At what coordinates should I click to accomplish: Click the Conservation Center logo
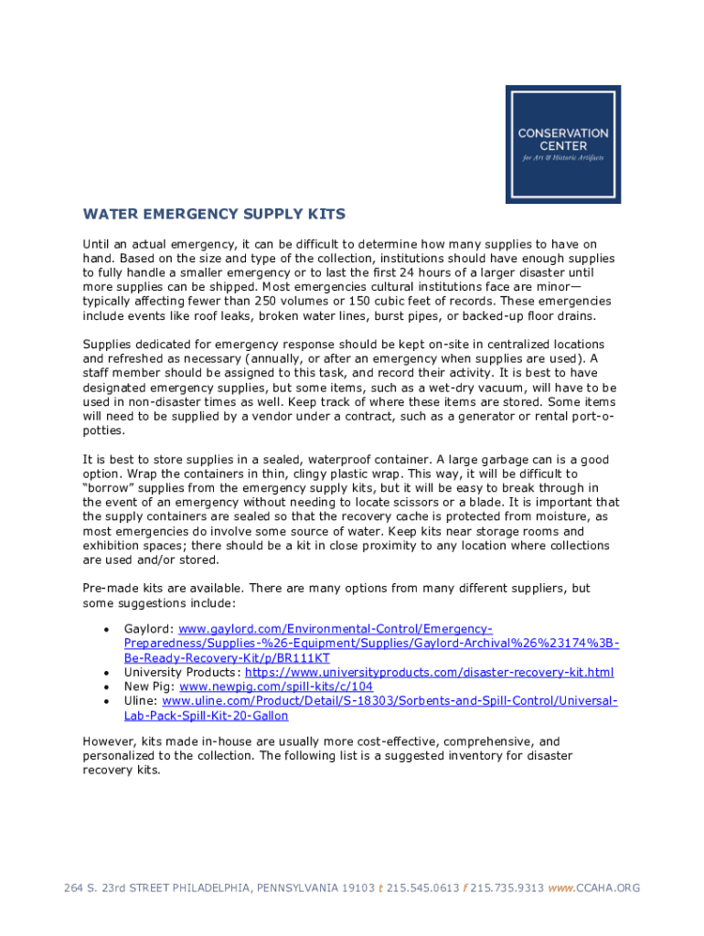coord(563,144)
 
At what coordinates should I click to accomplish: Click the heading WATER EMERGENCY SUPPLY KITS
coord(214,215)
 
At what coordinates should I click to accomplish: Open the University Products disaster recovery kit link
coord(430,673)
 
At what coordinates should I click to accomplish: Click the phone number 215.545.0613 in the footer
coord(422,888)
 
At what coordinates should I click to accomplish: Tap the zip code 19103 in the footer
coord(357,888)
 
